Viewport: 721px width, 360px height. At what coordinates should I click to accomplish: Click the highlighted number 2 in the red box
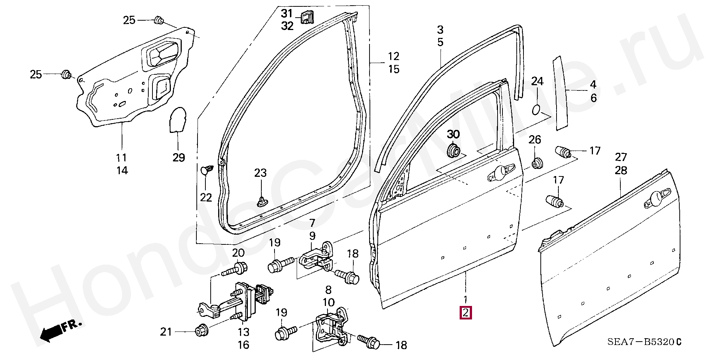pyautogui.click(x=466, y=313)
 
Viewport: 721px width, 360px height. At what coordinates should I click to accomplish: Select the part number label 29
pyautogui.click(x=179, y=157)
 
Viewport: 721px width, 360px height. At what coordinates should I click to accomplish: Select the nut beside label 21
pyautogui.click(x=201, y=331)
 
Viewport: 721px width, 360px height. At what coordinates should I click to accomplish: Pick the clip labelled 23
pyautogui.click(x=261, y=201)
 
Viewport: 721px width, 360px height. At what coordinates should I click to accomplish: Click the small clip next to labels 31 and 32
pyautogui.click(x=307, y=17)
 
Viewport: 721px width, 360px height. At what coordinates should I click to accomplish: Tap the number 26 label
pyautogui.click(x=535, y=140)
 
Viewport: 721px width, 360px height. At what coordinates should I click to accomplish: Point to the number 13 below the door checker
pyautogui.click(x=243, y=332)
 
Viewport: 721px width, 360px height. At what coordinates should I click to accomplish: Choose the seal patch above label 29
pyautogui.click(x=178, y=120)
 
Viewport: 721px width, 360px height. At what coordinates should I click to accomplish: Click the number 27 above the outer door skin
pyautogui.click(x=621, y=157)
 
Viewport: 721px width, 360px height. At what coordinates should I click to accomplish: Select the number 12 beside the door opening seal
pyautogui.click(x=393, y=56)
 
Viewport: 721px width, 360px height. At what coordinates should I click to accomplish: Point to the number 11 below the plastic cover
pyautogui.click(x=121, y=158)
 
